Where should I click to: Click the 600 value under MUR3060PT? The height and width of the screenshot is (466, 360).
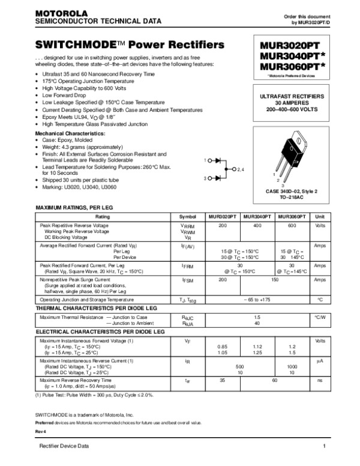click(292, 225)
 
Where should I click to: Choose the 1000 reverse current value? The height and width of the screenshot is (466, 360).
click(292, 366)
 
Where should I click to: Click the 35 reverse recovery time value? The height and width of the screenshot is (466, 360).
click(223, 380)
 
